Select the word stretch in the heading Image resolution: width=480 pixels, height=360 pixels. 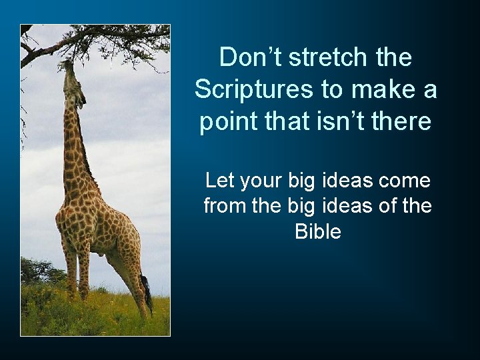coord(326,58)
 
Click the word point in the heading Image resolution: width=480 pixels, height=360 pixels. coord(228,122)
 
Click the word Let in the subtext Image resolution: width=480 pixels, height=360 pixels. coord(218,181)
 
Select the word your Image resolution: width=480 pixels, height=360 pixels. coord(261,181)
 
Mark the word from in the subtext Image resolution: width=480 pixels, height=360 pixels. coord(224,207)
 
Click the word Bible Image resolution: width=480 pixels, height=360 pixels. coord(318,232)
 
